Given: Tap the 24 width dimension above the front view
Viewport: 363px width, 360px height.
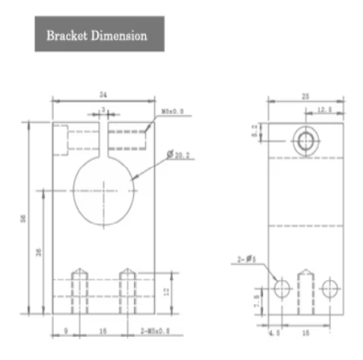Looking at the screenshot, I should click(102, 94).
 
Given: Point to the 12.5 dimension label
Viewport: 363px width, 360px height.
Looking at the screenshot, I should click(326, 110).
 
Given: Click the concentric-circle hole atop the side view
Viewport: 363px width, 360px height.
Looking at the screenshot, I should click(305, 142).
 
